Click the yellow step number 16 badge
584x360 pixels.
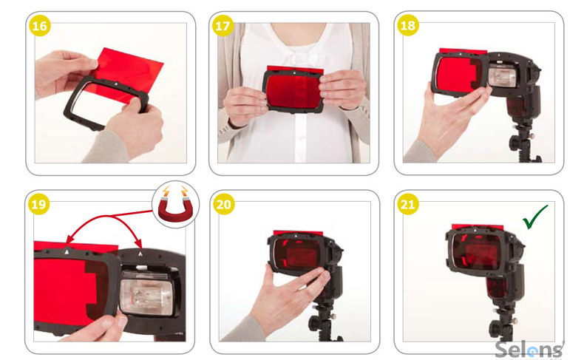tap(40, 26)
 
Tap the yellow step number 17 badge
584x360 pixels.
tap(223, 26)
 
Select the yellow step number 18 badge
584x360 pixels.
tap(408, 25)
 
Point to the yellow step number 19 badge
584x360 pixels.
tap(38, 204)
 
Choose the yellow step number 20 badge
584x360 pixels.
tap(223, 204)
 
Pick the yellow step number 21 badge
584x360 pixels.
tap(408, 204)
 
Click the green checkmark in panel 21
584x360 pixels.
tap(534, 217)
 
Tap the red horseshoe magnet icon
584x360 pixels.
tap(175, 204)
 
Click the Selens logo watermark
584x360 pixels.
tap(529, 350)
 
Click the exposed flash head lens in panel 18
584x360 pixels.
tap(503, 76)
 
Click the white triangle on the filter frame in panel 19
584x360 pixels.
tap(67, 251)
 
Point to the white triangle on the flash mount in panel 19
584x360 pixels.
tap(140, 254)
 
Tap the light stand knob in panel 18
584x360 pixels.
tap(515, 142)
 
